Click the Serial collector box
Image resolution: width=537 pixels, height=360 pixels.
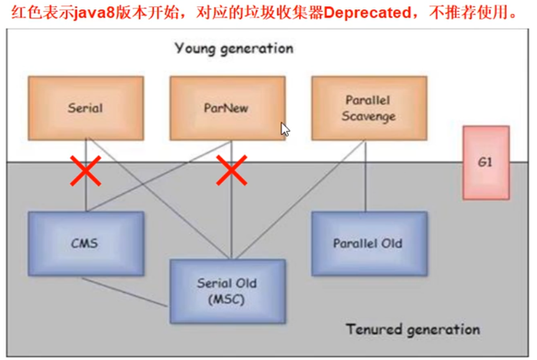pos(86,108)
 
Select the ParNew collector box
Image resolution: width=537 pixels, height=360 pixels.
pos(227,108)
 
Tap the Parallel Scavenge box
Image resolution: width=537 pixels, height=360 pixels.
pos(368,108)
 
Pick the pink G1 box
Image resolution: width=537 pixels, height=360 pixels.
pos(485,162)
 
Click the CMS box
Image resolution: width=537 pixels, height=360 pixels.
pos(86,243)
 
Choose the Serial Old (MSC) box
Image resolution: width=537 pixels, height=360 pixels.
pos(227,291)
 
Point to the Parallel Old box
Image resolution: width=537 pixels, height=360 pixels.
pos(368,243)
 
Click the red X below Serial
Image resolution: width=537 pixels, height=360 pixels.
pos(85,172)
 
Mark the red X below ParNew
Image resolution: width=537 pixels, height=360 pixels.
pos(231,172)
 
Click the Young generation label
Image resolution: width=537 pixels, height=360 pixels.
pos(233,48)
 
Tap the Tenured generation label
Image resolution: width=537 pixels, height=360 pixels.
pos(413,329)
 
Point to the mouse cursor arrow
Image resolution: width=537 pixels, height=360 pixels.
pos(284,129)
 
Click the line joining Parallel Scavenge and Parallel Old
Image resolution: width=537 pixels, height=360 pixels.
pos(365,187)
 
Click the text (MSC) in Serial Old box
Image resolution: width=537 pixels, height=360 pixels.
pos(227,300)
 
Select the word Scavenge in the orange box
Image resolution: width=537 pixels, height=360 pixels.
pos(368,116)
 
